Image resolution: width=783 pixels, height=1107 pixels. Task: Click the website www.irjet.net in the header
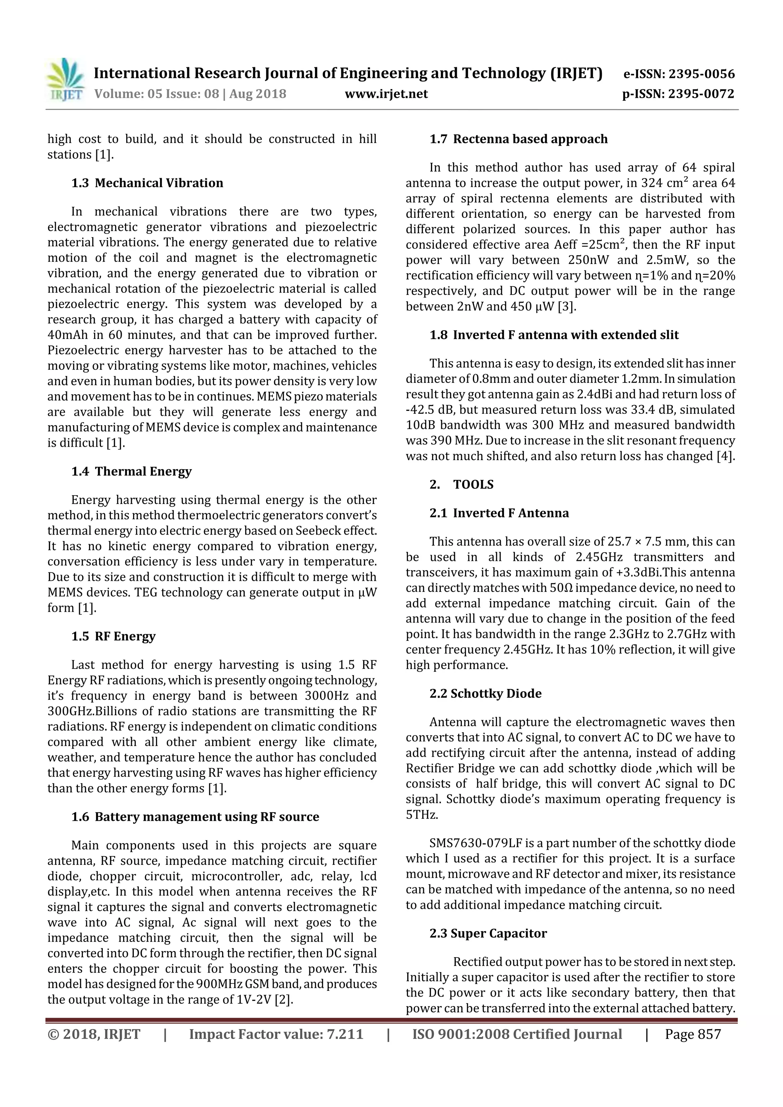(x=386, y=94)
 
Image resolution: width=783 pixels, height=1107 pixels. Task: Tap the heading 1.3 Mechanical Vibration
(x=147, y=183)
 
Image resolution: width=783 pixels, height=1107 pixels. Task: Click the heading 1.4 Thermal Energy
(x=131, y=472)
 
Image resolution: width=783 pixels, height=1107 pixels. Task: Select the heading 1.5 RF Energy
(x=114, y=637)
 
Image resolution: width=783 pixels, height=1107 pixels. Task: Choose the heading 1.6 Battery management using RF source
(x=195, y=817)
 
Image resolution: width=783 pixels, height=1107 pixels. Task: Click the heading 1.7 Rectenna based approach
(x=519, y=139)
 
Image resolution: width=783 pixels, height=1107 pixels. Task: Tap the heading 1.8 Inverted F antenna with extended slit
(x=554, y=335)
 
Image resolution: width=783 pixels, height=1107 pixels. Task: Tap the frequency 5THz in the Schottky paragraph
(x=422, y=815)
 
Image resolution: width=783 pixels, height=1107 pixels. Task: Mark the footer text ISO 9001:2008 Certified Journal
(x=517, y=1034)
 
